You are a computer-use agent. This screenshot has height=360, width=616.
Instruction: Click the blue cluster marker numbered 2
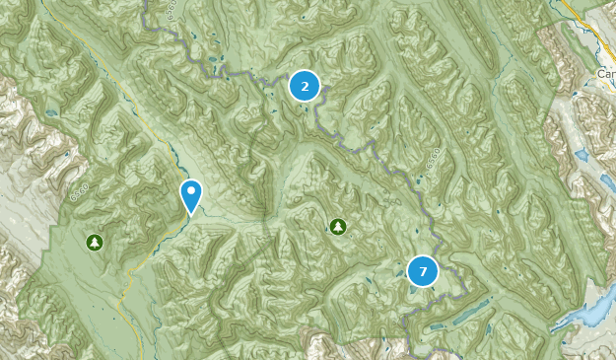(x=305, y=86)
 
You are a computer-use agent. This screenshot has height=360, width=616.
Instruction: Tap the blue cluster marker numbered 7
(x=422, y=270)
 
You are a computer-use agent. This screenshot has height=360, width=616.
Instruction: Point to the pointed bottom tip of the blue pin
(x=190, y=213)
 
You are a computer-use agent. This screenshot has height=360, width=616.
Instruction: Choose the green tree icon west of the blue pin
(x=94, y=241)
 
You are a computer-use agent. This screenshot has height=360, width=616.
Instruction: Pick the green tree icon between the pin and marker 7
(x=338, y=227)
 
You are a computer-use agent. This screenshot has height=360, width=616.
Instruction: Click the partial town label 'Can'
(x=605, y=74)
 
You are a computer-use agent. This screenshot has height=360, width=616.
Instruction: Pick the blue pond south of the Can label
(x=582, y=155)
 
